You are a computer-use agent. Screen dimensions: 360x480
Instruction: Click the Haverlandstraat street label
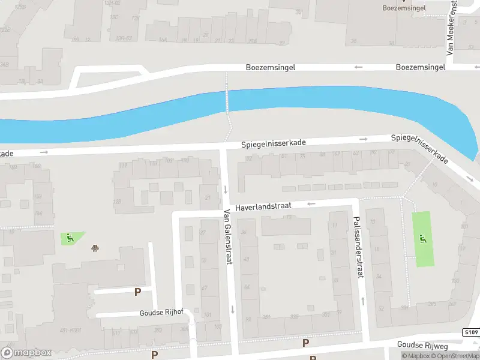pos(263,206)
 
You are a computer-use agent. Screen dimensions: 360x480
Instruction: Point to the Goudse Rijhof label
pos(161,313)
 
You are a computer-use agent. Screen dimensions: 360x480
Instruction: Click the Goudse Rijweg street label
pos(423,345)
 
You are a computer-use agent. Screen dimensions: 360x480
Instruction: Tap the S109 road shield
pos(470,332)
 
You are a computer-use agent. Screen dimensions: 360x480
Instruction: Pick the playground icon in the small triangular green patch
pos(70,238)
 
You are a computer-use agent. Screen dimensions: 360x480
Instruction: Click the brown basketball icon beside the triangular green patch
pos(95,248)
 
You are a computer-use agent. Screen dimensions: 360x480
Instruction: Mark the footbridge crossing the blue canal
pos(227,100)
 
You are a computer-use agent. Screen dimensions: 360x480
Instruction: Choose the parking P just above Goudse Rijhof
pos(137,292)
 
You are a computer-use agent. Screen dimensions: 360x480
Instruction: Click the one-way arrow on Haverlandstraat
pos(311,204)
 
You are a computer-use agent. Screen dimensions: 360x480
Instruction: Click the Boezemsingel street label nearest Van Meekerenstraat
pos(420,67)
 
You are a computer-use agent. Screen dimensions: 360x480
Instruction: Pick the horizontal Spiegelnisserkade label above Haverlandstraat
pos(274,144)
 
